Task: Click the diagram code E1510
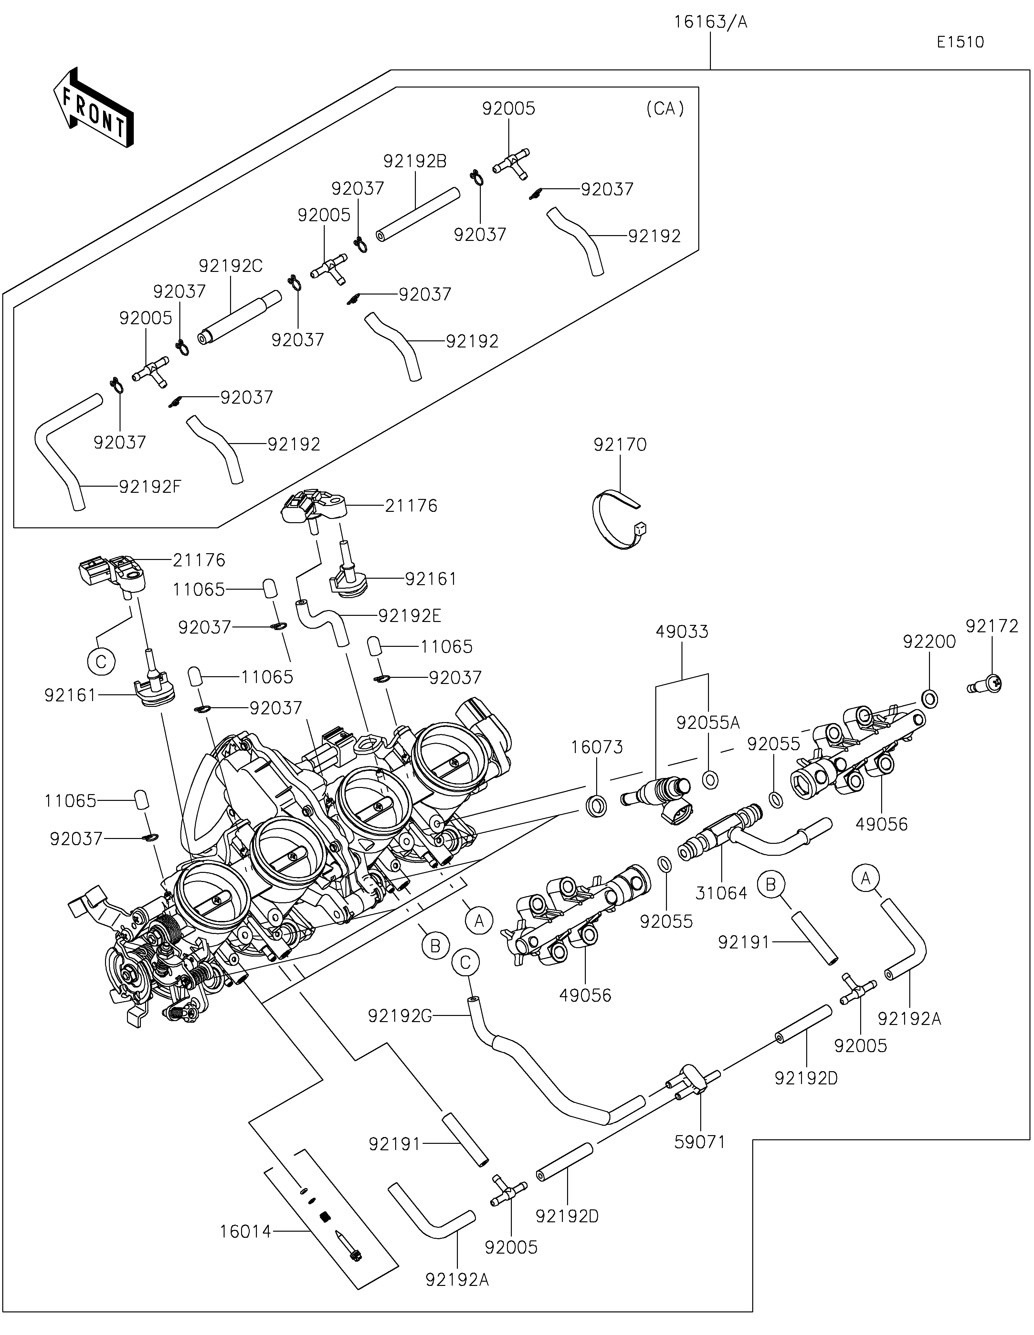960,42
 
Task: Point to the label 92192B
415,161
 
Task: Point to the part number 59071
700,1142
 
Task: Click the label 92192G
400,1016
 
